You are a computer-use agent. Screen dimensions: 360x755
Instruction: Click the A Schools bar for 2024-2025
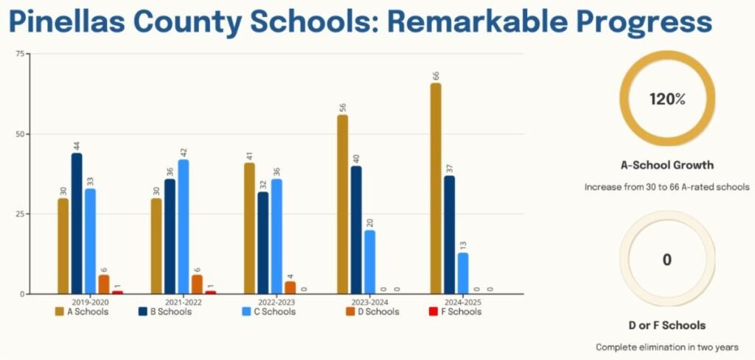436,189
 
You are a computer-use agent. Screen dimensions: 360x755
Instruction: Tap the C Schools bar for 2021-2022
183,226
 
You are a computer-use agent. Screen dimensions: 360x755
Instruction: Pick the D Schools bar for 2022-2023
290,288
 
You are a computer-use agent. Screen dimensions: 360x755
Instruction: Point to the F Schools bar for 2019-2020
117,292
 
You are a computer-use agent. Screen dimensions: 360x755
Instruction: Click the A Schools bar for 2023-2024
343,204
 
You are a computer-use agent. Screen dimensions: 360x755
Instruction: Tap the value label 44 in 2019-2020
77,144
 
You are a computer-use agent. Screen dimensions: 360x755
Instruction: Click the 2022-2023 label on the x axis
276,302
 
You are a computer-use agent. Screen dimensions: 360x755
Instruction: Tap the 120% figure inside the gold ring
667,100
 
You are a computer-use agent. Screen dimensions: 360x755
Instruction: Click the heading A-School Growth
667,165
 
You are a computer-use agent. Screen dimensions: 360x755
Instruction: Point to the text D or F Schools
667,325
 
